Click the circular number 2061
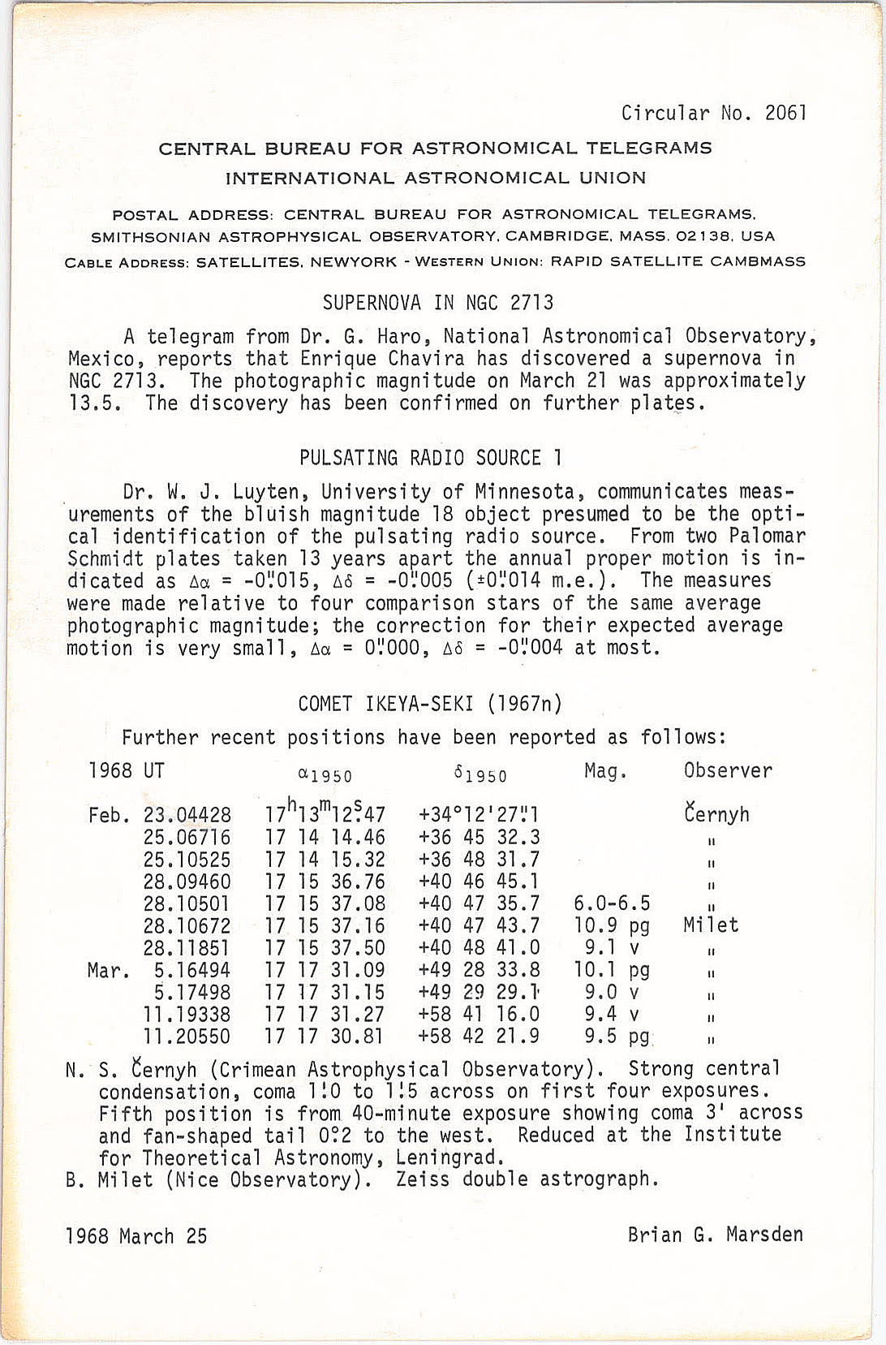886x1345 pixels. (785, 113)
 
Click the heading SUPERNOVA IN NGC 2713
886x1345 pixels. (438, 304)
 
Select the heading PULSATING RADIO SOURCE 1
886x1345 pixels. (431, 459)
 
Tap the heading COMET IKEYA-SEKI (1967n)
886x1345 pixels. (430, 704)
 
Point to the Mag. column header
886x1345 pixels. (605, 771)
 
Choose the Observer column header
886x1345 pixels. (728, 771)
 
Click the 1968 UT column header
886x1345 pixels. (127, 771)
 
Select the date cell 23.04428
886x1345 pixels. (187, 815)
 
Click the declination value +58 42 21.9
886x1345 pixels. (479, 1037)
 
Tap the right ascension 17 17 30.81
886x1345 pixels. (324, 1037)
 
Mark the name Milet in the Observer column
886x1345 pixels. (711, 925)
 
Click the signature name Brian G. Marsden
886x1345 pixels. (715, 1235)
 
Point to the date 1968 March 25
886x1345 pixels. (136, 1236)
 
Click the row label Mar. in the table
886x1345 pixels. (109, 970)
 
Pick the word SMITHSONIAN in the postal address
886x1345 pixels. (152, 237)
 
